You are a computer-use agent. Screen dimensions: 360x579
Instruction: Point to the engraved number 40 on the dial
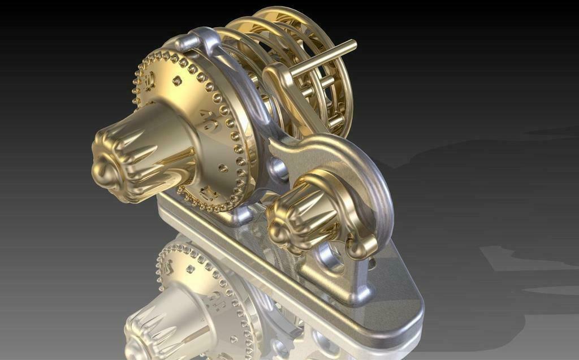[210, 120]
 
